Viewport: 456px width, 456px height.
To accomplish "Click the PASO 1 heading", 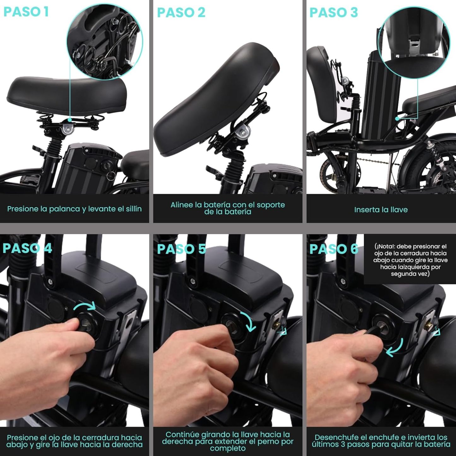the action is [x=26, y=12].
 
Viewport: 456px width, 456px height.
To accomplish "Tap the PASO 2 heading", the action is [x=181, y=12].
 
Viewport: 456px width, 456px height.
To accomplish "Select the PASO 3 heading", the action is [x=334, y=12].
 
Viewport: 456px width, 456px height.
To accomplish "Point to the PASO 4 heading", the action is [x=27, y=248].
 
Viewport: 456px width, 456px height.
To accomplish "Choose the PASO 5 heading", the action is [x=182, y=249].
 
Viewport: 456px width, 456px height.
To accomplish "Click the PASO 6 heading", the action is [x=334, y=249].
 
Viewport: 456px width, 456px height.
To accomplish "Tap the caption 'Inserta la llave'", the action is [x=381, y=210].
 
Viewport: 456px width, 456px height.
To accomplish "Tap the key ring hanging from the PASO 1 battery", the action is [x=110, y=175].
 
